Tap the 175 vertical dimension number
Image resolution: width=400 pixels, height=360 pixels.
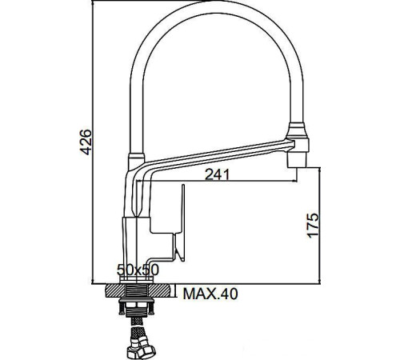click(x=313, y=225)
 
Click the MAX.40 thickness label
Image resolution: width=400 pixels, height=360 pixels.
click(x=210, y=294)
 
